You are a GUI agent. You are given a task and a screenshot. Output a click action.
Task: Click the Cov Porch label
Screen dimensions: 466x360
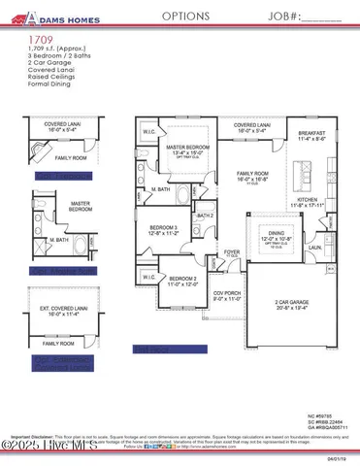[227, 294]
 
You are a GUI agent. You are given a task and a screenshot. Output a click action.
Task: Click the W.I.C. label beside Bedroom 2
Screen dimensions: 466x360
[147, 278]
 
